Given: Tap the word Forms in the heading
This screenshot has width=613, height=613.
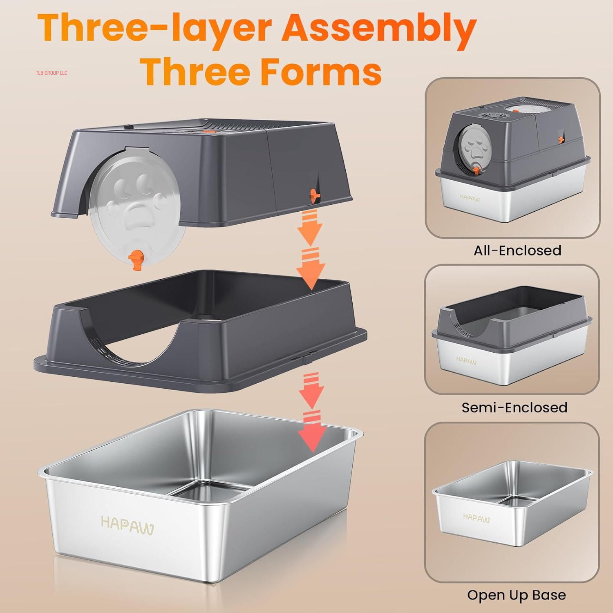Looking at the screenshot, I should (x=321, y=72).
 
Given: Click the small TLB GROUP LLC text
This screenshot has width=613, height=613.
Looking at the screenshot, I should (x=51, y=73).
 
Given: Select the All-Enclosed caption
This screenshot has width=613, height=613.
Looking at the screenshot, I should (x=517, y=250).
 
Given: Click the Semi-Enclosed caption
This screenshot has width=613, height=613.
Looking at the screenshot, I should (x=514, y=407).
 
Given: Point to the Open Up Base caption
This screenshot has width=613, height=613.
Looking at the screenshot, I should (x=517, y=595).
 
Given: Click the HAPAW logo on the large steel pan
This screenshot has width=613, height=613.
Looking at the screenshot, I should (x=127, y=525).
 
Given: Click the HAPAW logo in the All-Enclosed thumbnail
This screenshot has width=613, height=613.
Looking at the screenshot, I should (x=470, y=198).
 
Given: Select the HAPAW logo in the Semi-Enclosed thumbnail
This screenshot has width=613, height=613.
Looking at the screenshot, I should (x=466, y=360).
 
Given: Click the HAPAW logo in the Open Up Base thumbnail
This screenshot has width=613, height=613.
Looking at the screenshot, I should (x=476, y=518).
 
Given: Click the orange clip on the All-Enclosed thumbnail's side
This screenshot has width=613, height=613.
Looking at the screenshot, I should (x=561, y=139).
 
